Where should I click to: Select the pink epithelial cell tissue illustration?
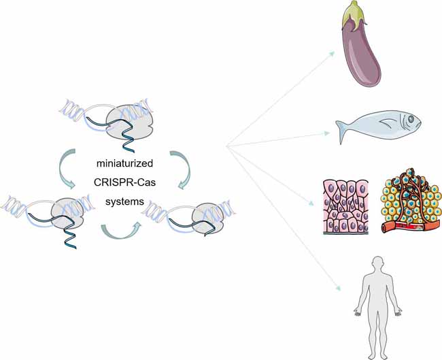(x=344, y=206)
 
